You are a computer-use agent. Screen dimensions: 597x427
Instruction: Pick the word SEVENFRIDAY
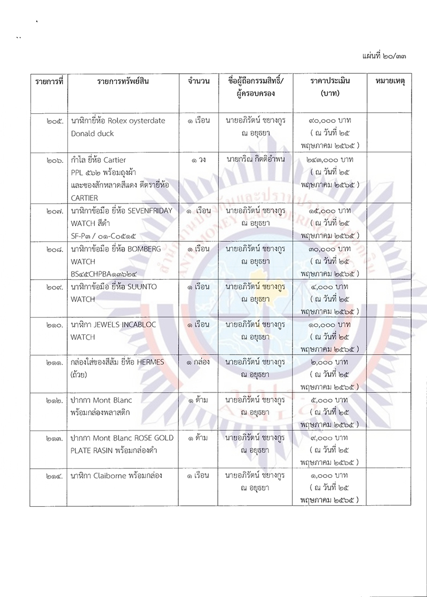coord(149,210)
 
